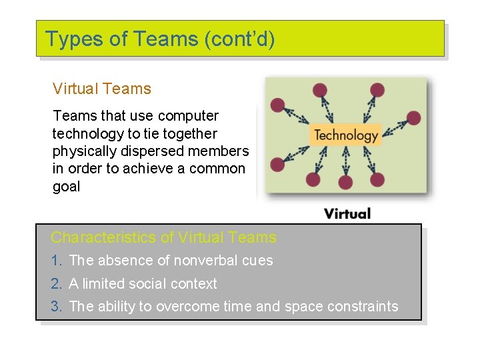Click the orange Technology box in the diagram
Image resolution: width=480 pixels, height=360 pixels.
[345, 135]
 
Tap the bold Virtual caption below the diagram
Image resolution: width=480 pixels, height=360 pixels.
[347, 213]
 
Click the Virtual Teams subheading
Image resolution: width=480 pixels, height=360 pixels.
[101, 89]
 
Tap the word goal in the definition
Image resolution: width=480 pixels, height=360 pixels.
[66, 187]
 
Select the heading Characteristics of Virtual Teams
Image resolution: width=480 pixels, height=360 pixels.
[163, 237]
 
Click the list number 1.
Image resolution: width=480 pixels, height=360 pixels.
[56, 261]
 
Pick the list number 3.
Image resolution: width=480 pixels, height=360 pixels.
[56, 307]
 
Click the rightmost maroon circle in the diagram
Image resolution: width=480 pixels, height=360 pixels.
[413, 118]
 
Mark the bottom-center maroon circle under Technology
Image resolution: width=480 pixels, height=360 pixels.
[345, 181]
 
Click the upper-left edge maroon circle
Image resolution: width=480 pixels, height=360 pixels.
[277, 105]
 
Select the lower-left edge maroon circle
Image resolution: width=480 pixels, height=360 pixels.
[277, 164]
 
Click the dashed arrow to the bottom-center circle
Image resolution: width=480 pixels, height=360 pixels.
[345, 161]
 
